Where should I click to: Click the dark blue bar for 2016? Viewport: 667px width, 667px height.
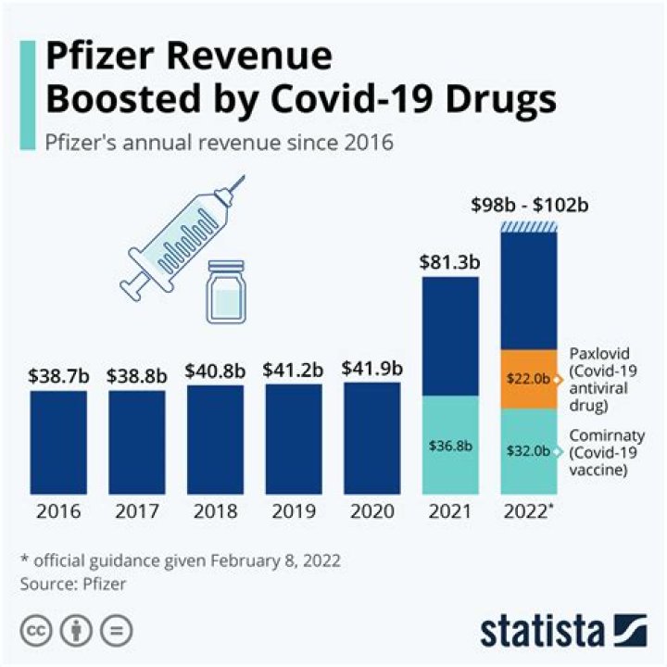(58, 442)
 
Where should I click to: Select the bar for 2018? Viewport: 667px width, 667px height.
(215, 439)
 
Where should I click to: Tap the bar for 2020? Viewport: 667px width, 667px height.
(371, 438)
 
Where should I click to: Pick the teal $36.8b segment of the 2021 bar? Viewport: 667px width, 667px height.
(450, 445)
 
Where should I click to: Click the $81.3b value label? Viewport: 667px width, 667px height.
(451, 260)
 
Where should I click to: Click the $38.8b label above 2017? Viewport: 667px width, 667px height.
(137, 375)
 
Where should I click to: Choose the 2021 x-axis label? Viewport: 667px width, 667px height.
(450, 511)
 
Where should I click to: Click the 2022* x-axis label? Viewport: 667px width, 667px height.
(530, 511)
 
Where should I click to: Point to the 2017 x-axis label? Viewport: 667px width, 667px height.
(137, 511)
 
